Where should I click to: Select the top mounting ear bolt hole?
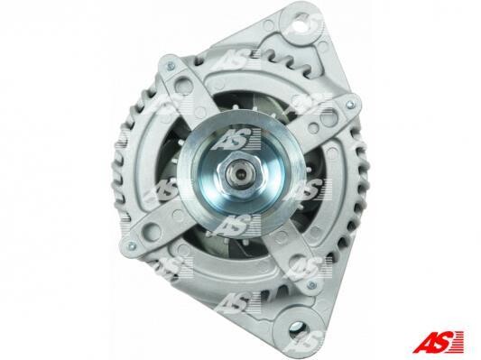pyautogui.click(x=302, y=25)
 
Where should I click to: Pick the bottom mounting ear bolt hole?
pyautogui.click(x=299, y=328)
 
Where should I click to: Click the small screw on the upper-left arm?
pyautogui.click(x=170, y=65)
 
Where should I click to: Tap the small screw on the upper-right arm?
pyautogui.click(x=348, y=105)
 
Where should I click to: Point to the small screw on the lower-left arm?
pyautogui.click(x=131, y=245)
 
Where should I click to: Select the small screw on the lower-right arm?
pyautogui.click(x=311, y=285)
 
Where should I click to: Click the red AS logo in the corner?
pyautogui.click(x=438, y=341)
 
